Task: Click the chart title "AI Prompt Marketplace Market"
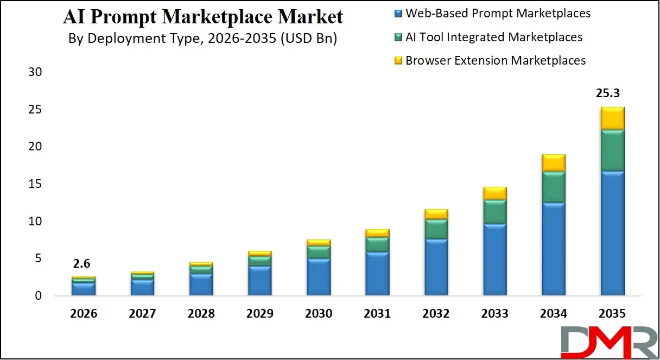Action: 203,17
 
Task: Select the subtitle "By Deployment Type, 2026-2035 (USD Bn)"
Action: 203,39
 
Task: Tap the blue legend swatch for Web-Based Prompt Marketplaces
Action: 398,13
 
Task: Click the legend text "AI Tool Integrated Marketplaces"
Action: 493,37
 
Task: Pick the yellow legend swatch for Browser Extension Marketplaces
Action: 398,61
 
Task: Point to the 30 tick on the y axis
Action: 35,72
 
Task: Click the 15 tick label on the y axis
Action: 35,184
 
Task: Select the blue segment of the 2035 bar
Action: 612,233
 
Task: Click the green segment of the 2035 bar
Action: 612,150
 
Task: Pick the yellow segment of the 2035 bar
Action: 612,118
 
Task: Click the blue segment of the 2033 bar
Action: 494,260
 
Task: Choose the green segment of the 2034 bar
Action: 553,187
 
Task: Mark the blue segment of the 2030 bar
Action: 319,277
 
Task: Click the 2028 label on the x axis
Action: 201,314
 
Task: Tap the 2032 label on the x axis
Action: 436,314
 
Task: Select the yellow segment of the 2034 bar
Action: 553,163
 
